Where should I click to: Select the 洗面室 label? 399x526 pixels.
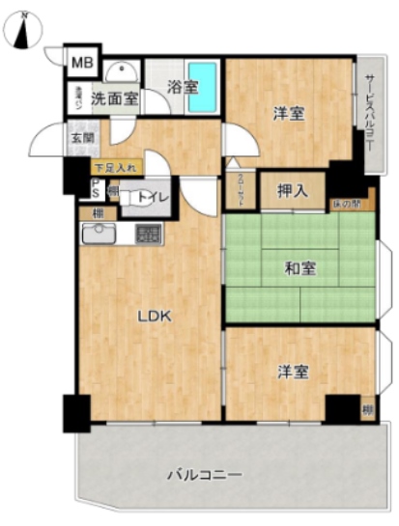pyautogui.click(x=115, y=97)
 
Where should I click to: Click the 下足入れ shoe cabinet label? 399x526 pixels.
pyautogui.click(x=116, y=167)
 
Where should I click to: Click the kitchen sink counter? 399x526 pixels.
pyautogui.click(x=100, y=235)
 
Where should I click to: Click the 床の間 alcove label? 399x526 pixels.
pyautogui.click(x=345, y=203)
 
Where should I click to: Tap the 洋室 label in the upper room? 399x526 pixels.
pyautogui.click(x=288, y=113)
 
